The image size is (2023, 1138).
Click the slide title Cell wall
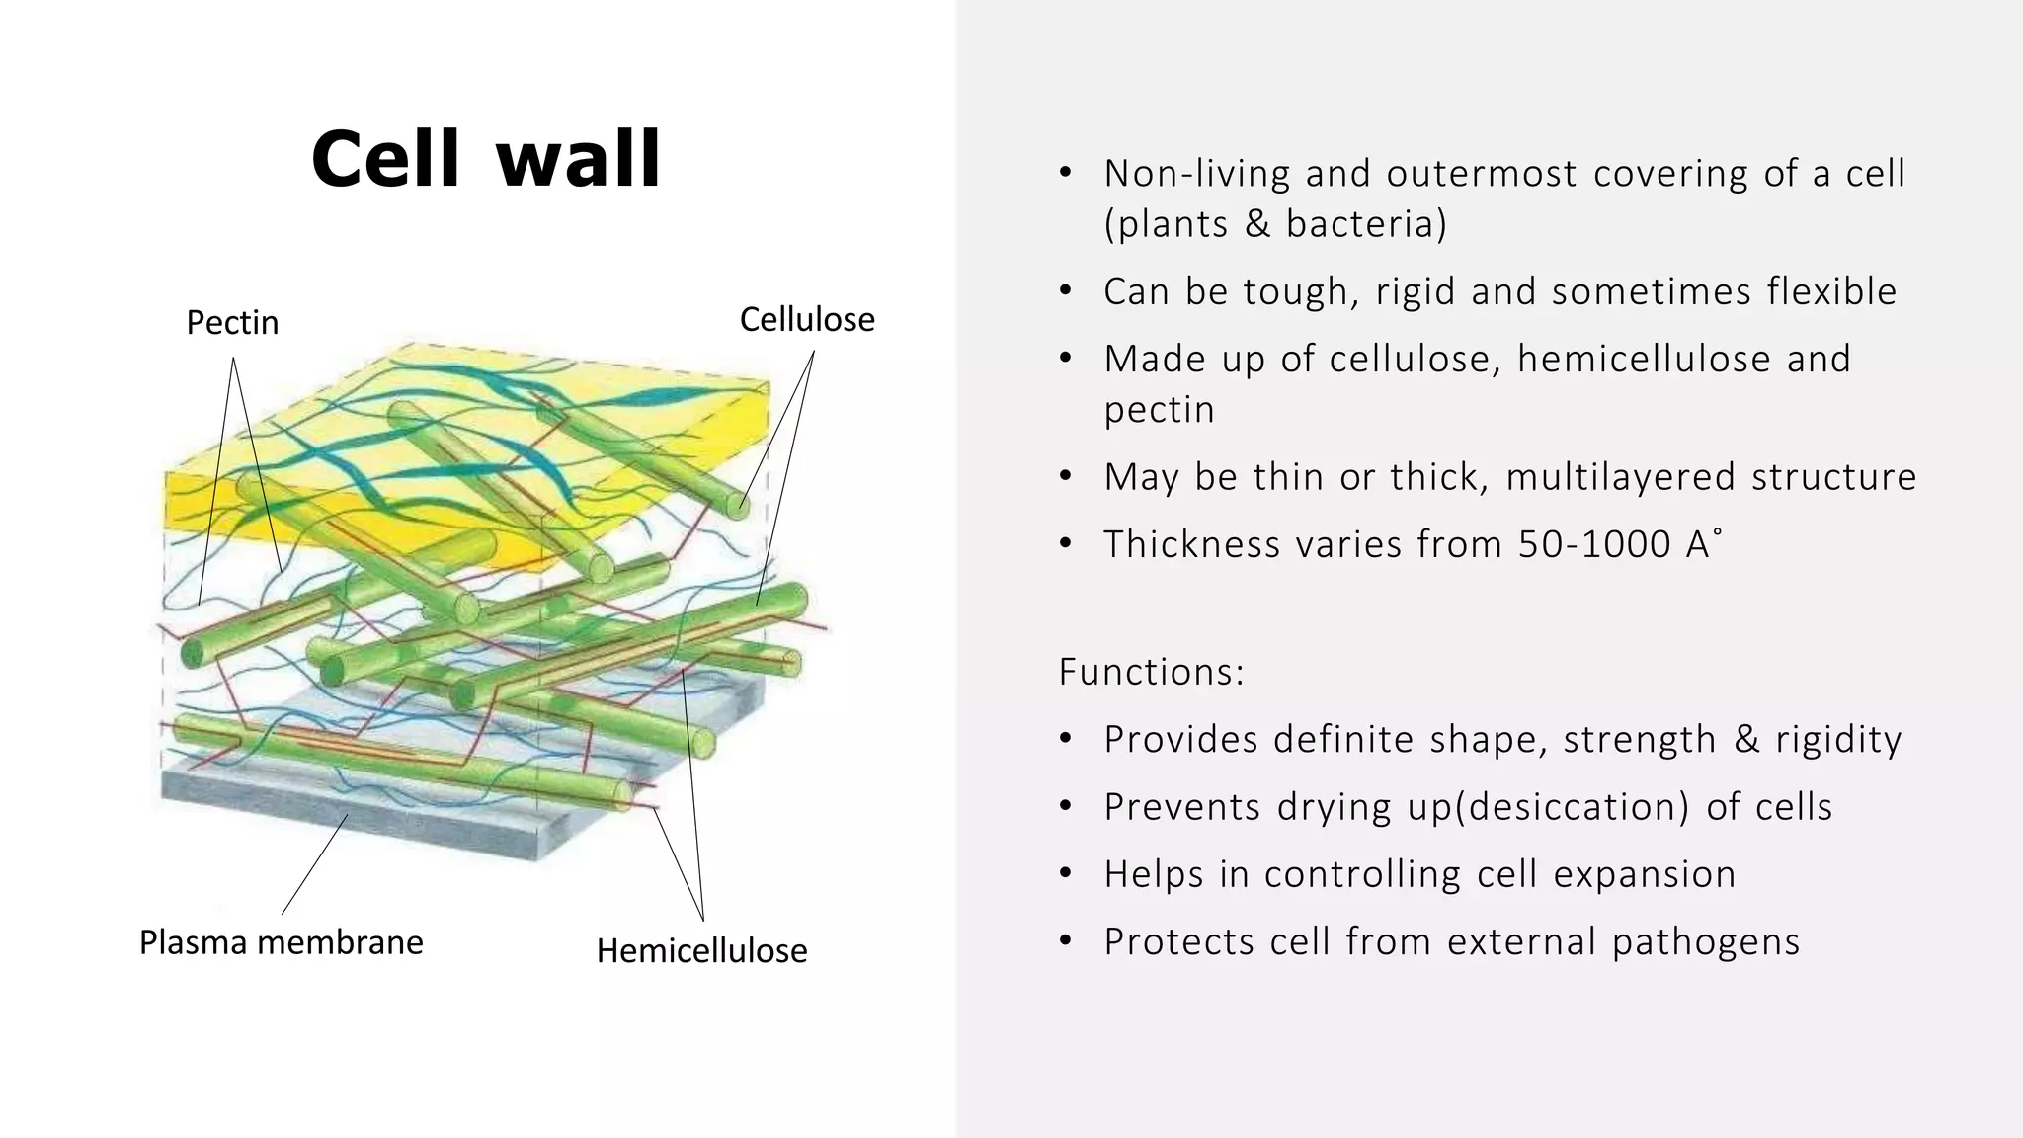pyautogui.click(x=485, y=160)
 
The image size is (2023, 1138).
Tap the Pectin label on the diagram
pyautogui.click(x=232, y=323)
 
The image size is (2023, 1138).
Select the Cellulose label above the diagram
pyautogui.click(x=807, y=319)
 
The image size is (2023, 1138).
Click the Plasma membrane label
pyautogui.click(x=281, y=942)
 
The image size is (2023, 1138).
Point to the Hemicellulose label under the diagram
pyautogui.click(x=701, y=950)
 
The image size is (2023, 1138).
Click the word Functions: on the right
pyautogui.click(x=1151, y=672)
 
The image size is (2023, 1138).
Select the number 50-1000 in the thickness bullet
pyautogui.click(x=1593, y=544)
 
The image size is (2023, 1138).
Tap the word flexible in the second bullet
pyautogui.click(x=1831, y=291)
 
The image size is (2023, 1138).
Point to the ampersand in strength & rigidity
pyautogui.click(x=1746, y=740)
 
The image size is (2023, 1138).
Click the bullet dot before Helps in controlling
pyautogui.click(x=1065, y=875)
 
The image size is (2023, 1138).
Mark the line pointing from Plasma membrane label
pyautogui.click(x=314, y=864)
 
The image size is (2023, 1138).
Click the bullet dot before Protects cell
pyautogui.click(x=1065, y=942)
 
